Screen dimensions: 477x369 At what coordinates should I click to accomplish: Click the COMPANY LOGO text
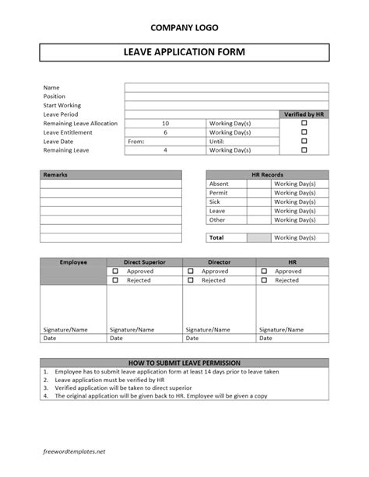coord(184,27)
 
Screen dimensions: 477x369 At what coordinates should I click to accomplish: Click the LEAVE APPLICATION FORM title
coord(184,53)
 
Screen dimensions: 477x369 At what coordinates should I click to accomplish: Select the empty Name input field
coord(227,87)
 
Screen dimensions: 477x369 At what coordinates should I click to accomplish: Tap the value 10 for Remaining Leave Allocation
coord(165,123)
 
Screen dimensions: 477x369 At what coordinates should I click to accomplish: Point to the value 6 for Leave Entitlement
coord(165,132)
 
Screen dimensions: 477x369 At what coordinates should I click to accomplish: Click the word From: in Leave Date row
coord(135,142)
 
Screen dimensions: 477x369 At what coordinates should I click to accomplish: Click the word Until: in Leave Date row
coord(217,142)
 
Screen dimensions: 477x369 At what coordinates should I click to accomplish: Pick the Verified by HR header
coord(304,114)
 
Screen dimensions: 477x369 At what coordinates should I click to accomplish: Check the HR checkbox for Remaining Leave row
coord(304,150)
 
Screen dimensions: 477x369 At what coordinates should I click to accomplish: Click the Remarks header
coord(56,175)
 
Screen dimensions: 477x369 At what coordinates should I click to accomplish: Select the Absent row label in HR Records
coord(219,184)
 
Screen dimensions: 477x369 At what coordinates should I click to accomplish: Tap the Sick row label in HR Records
coord(216,202)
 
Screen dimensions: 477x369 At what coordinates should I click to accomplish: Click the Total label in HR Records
coord(216,237)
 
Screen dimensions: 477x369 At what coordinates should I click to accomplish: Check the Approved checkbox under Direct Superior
coord(116,272)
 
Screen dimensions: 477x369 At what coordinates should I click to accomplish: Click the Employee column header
coord(73,263)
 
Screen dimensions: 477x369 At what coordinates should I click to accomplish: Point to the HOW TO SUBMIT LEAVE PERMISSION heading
coord(184,363)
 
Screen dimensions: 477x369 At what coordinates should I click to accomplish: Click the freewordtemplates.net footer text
coord(74,451)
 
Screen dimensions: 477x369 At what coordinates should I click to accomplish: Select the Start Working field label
coord(62,105)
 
